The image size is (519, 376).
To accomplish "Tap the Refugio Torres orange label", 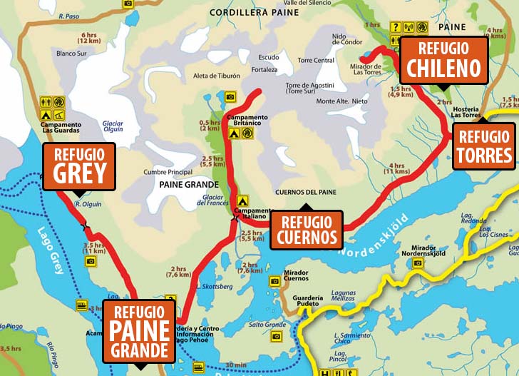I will point(484,146).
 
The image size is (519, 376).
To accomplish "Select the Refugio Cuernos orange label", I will point(306,229).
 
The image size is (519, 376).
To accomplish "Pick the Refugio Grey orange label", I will point(78,166).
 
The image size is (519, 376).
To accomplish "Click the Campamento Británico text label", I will point(247,120).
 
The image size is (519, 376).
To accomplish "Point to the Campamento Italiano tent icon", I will point(242,202).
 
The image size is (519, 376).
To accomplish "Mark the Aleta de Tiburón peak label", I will point(217,75).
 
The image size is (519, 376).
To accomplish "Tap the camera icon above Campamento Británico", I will point(230,96).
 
